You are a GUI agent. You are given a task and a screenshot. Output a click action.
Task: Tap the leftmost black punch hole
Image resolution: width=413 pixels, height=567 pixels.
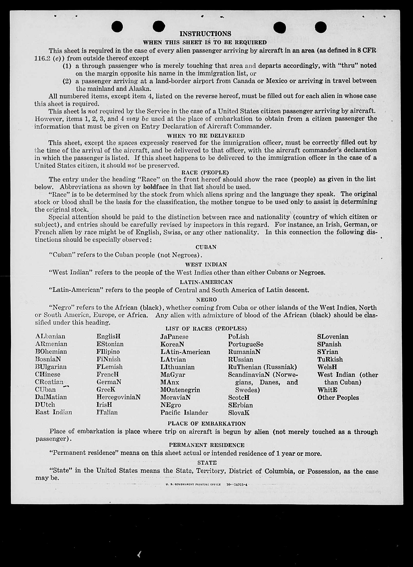117,27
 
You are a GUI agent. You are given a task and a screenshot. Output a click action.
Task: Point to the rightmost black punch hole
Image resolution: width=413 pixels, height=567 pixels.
321,27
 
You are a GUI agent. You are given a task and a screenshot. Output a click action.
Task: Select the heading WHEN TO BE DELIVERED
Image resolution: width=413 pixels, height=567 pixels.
205,136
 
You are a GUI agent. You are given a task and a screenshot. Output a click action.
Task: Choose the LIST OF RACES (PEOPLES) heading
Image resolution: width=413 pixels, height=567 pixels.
206,328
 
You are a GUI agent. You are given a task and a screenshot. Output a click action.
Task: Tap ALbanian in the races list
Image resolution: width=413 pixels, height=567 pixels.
50,336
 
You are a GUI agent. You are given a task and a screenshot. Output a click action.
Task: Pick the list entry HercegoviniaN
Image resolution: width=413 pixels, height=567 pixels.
118,397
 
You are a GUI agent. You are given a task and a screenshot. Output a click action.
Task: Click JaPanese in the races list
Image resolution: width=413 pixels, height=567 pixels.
174,337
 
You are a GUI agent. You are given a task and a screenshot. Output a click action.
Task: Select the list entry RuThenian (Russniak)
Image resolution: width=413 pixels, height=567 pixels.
262,367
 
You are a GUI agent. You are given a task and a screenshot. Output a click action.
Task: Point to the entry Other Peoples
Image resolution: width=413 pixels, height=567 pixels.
338,398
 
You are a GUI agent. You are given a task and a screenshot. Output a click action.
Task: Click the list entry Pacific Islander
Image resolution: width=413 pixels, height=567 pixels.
184,413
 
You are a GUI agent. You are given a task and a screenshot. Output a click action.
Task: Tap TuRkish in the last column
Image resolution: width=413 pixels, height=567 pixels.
330,359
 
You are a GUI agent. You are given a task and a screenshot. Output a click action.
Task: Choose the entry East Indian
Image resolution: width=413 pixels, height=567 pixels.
54,412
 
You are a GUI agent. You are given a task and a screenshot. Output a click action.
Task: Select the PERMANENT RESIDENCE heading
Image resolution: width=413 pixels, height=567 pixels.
207,445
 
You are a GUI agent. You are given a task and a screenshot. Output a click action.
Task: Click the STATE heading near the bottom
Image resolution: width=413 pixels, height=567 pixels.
207,463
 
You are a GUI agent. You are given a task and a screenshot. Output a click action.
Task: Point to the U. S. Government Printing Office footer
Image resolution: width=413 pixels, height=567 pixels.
193,484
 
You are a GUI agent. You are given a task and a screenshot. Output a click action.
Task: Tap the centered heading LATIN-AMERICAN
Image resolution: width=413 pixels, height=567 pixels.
206,282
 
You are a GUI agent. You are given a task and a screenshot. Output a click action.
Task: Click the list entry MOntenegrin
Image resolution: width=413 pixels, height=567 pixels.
180,390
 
